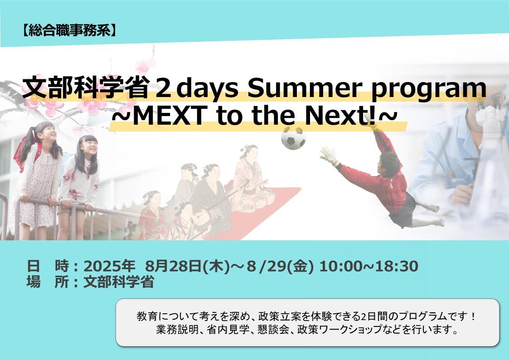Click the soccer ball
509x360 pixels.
coord(293,138)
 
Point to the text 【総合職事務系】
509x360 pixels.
coord(69,30)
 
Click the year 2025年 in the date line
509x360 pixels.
coord(109,266)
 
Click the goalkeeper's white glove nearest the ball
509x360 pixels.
coord(329,155)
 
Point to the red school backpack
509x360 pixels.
coord(26,154)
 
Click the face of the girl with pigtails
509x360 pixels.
coord(48,132)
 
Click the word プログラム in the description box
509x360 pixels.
coord(423,316)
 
